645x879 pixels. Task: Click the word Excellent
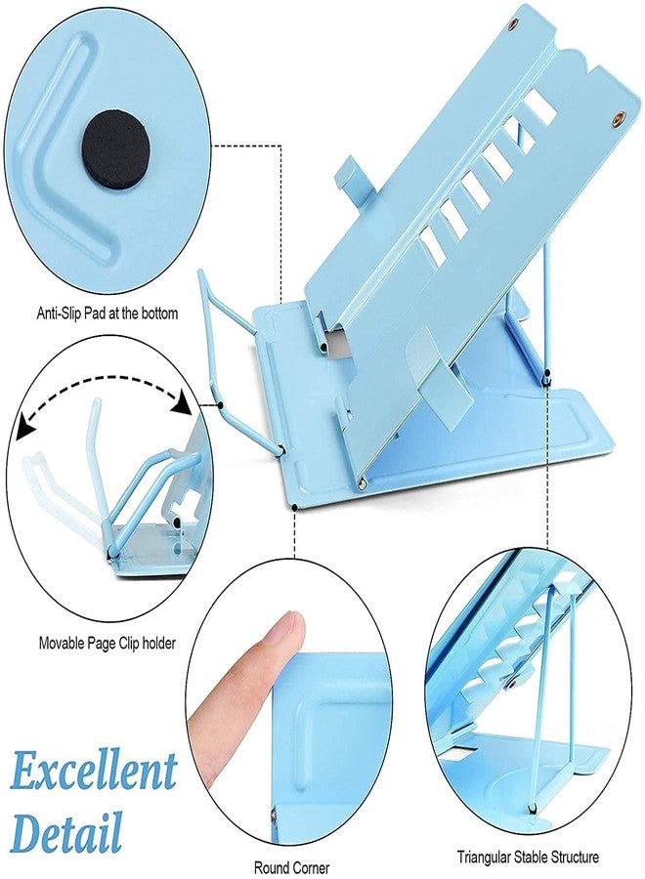click(x=94, y=773)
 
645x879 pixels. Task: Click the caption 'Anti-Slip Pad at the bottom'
click(x=107, y=313)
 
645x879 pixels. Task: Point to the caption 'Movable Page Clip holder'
click(x=107, y=643)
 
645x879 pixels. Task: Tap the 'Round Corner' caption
click(x=291, y=868)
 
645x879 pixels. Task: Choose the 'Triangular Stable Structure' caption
click(x=528, y=858)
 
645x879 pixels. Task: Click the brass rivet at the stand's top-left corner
click(x=513, y=23)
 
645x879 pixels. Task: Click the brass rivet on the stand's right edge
click(x=619, y=118)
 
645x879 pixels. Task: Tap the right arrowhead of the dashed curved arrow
click(x=183, y=402)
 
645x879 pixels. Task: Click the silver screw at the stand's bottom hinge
click(x=362, y=481)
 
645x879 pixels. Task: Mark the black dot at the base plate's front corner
click(x=295, y=508)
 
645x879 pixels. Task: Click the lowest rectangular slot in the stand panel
click(x=432, y=246)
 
